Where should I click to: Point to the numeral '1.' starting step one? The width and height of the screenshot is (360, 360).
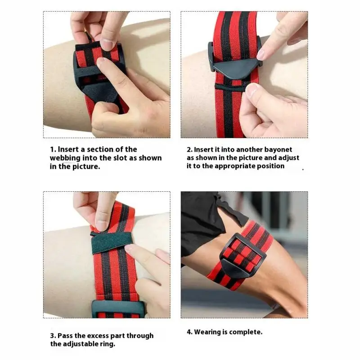(x=52, y=149)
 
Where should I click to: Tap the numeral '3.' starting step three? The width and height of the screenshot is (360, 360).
(x=53, y=336)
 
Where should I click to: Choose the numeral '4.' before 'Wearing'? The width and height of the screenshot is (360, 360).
(x=190, y=332)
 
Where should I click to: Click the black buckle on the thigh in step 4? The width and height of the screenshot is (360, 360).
(x=243, y=252)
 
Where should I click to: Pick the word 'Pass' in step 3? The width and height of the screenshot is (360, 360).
(x=66, y=336)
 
